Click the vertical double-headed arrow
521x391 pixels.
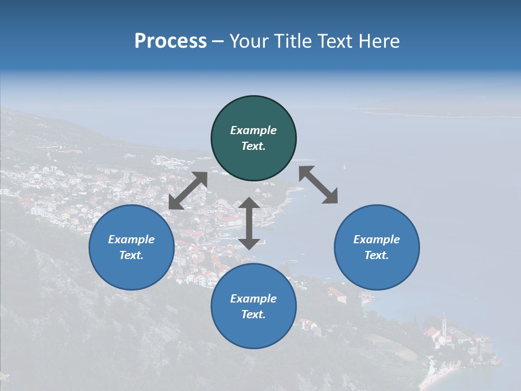click(249, 223)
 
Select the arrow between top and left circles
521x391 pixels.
click(188, 191)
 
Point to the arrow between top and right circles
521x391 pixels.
click(319, 185)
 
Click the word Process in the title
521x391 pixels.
click(170, 41)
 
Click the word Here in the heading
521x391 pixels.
click(378, 41)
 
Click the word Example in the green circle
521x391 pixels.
click(253, 130)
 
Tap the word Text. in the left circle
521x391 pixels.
click(131, 255)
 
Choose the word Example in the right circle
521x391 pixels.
click(377, 239)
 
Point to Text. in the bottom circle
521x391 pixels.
click(253, 314)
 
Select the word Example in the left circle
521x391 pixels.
click(131, 239)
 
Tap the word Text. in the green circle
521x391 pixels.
click(253, 146)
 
